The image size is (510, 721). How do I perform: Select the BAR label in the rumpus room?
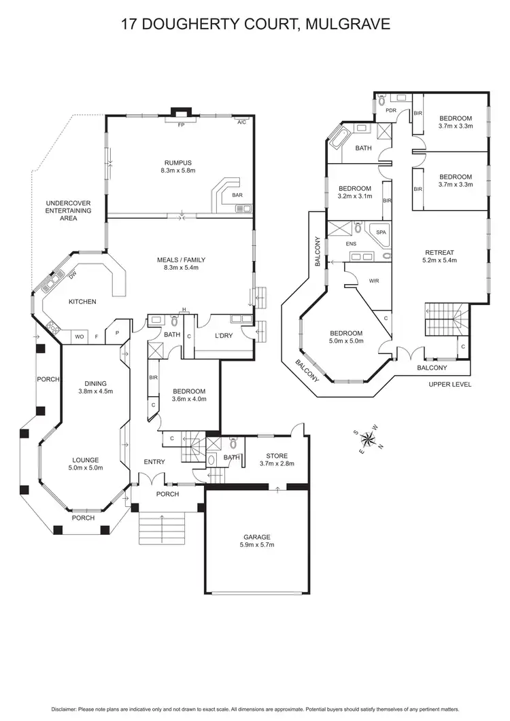coord(238,195)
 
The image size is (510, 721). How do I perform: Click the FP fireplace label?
coord(181,126)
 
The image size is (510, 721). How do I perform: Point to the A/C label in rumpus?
coord(241,123)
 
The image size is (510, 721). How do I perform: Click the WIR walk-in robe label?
coord(373,280)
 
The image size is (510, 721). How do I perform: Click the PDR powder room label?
coord(391,110)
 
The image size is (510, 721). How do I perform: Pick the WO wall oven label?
coord(80,336)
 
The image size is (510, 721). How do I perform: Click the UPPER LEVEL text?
coord(450,385)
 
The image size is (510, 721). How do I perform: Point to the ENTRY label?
coord(154,462)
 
